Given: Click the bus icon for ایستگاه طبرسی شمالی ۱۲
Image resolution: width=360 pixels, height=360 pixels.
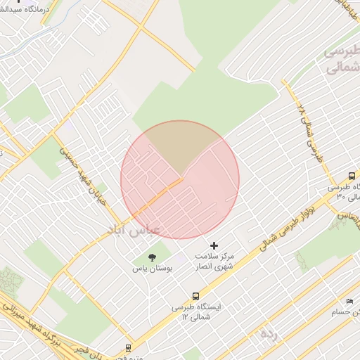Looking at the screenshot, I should (x=195, y=296).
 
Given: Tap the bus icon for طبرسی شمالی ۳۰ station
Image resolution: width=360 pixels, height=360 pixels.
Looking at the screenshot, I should (x=352, y=176).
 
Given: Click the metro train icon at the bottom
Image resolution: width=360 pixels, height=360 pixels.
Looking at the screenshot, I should (x=128, y=347).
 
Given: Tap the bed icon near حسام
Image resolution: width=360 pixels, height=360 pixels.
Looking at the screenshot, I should (x=350, y=302).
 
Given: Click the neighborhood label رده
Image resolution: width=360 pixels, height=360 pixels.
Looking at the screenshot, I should (x=268, y=334).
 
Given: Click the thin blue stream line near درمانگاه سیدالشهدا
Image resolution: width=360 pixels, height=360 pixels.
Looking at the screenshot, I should (x=28, y=39).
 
